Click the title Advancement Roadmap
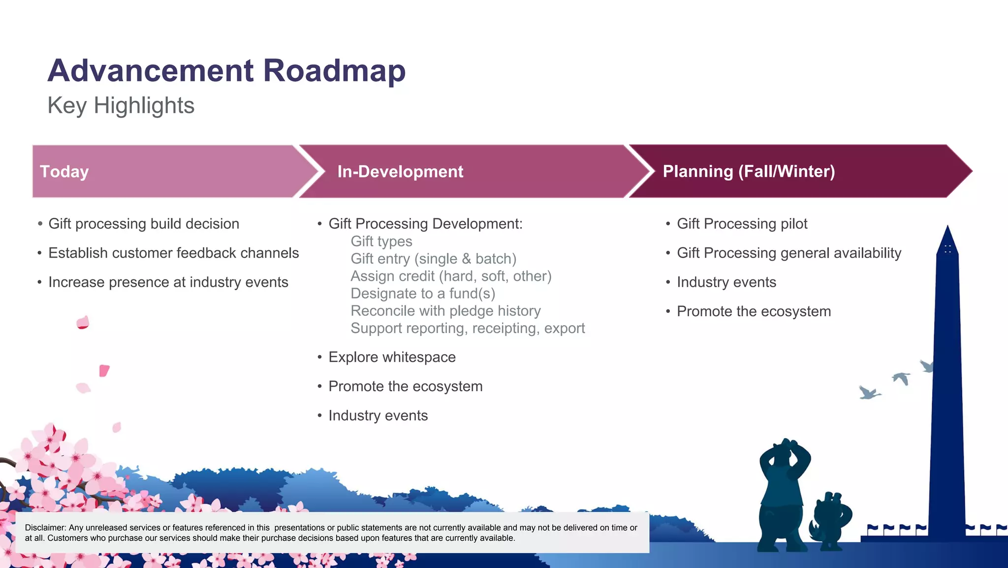click(x=226, y=70)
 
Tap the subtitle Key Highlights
click(x=121, y=105)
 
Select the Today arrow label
click(x=64, y=171)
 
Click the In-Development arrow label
click(x=400, y=171)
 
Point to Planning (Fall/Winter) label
click(x=749, y=171)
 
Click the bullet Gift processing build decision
click(x=144, y=224)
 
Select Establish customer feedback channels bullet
click(x=173, y=253)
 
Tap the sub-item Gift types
click(x=381, y=241)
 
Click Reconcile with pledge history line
click(x=445, y=311)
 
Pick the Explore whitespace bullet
click(x=392, y=357)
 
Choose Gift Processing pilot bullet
click(x=742, y=224)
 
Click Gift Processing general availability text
click(x=788, y=253)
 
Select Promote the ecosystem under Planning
click(x=754, y=311)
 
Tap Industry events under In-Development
click(x=378, y=415)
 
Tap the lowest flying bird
click(x=869, y=393)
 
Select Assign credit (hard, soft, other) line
click(x=451, y=276)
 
